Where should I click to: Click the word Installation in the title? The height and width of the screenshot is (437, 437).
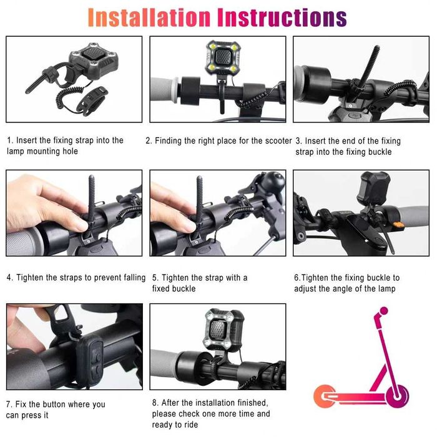[x=149, y=17]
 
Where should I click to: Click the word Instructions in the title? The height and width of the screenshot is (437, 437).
[x=282, y=17]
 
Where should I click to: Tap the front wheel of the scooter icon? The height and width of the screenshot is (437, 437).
[x=398, y=396]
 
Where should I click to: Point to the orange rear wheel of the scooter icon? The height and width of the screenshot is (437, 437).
[x=324, y=396]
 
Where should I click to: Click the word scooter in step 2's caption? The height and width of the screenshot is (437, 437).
[x=278, y=140]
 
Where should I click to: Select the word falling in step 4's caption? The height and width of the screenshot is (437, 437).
[x=135, y=278]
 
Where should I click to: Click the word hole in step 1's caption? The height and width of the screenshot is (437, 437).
[x=70, y=151]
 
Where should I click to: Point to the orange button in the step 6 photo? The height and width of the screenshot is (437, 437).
[x=399, y=224]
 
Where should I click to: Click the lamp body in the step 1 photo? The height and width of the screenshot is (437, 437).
[x=94, y=62]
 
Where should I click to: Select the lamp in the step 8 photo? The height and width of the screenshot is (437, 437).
[x=223, y=330]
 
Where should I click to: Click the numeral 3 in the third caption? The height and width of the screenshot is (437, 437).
[x=298, y=141]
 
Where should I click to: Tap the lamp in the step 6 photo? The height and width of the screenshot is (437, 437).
[x=373, y=188]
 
